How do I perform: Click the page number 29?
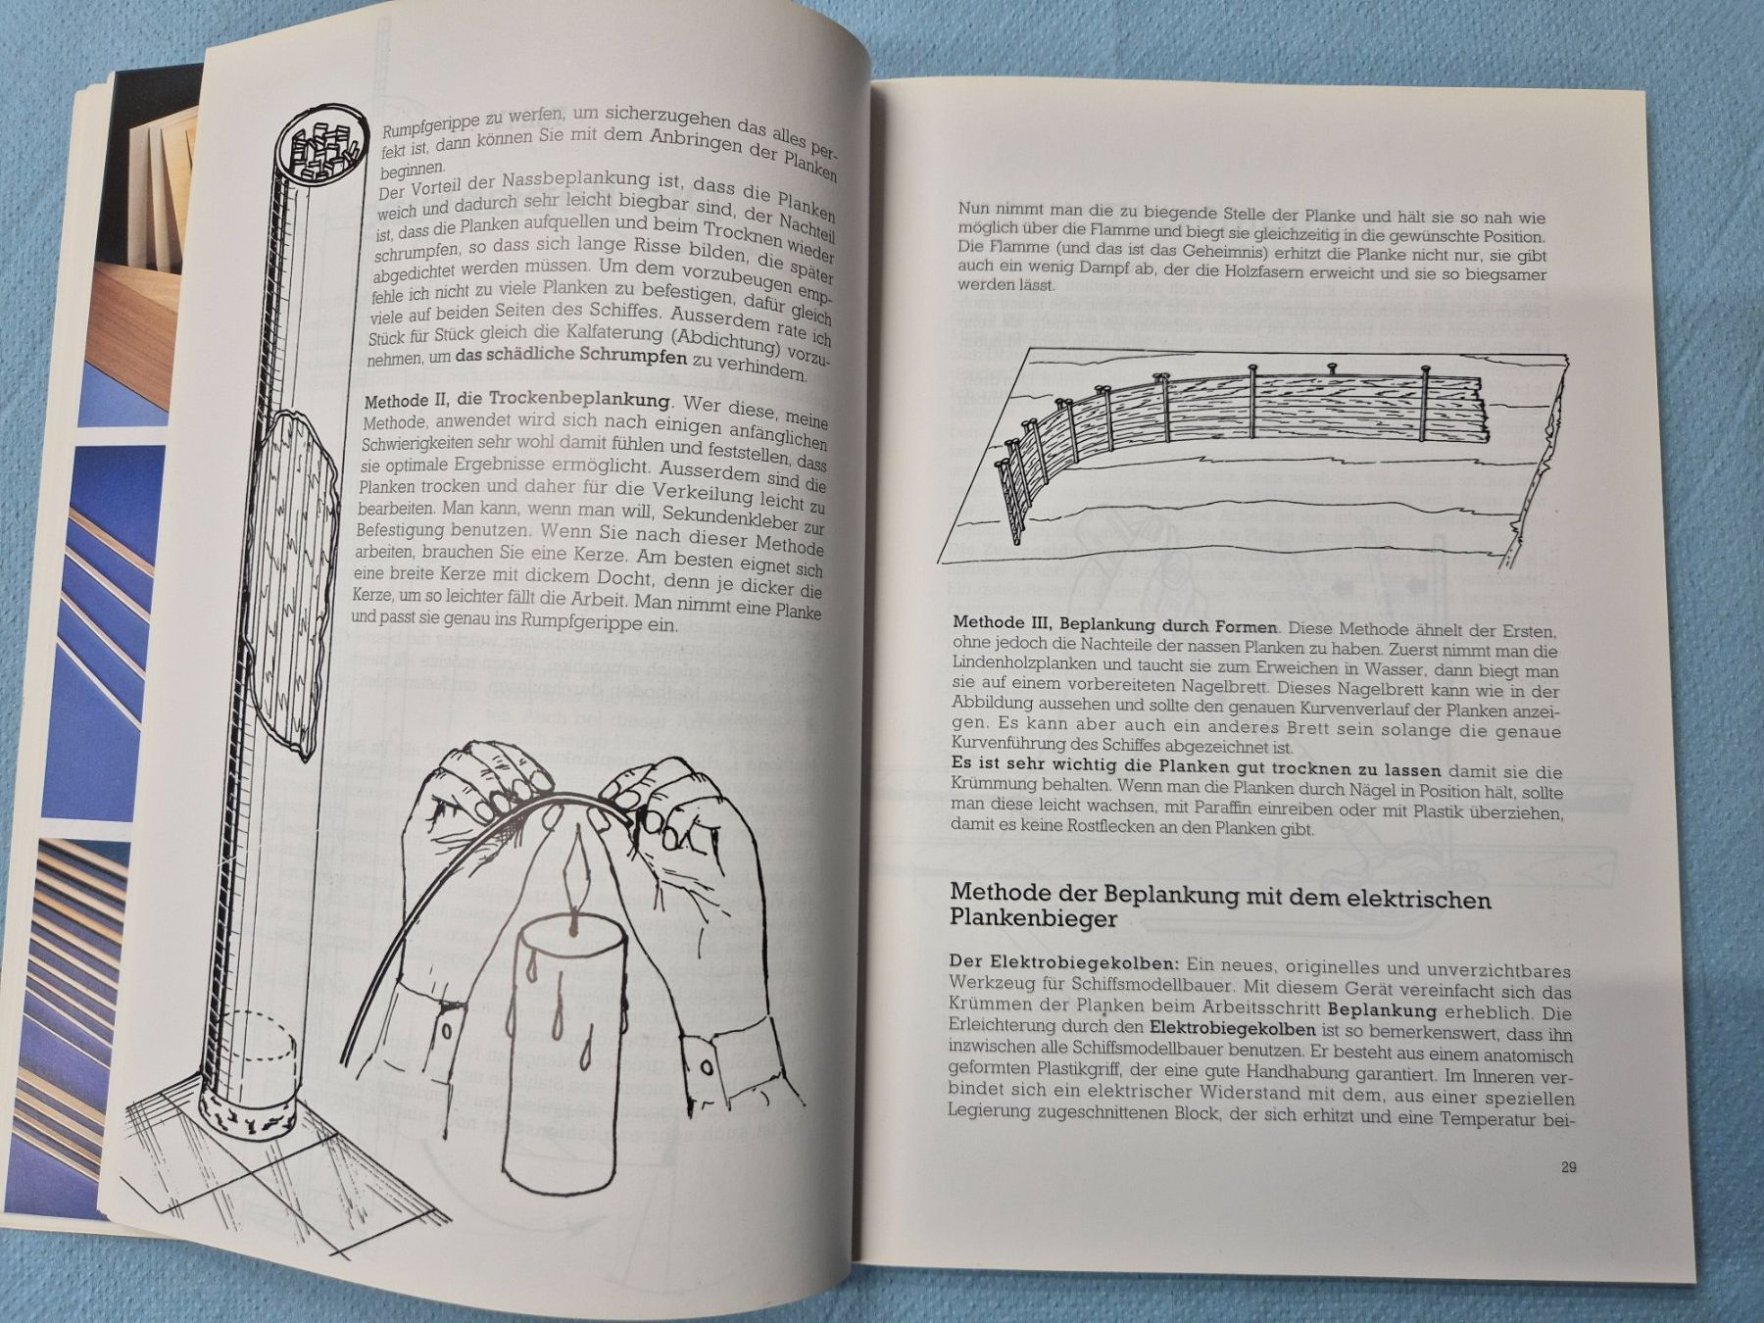[x=1568, y=1167]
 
